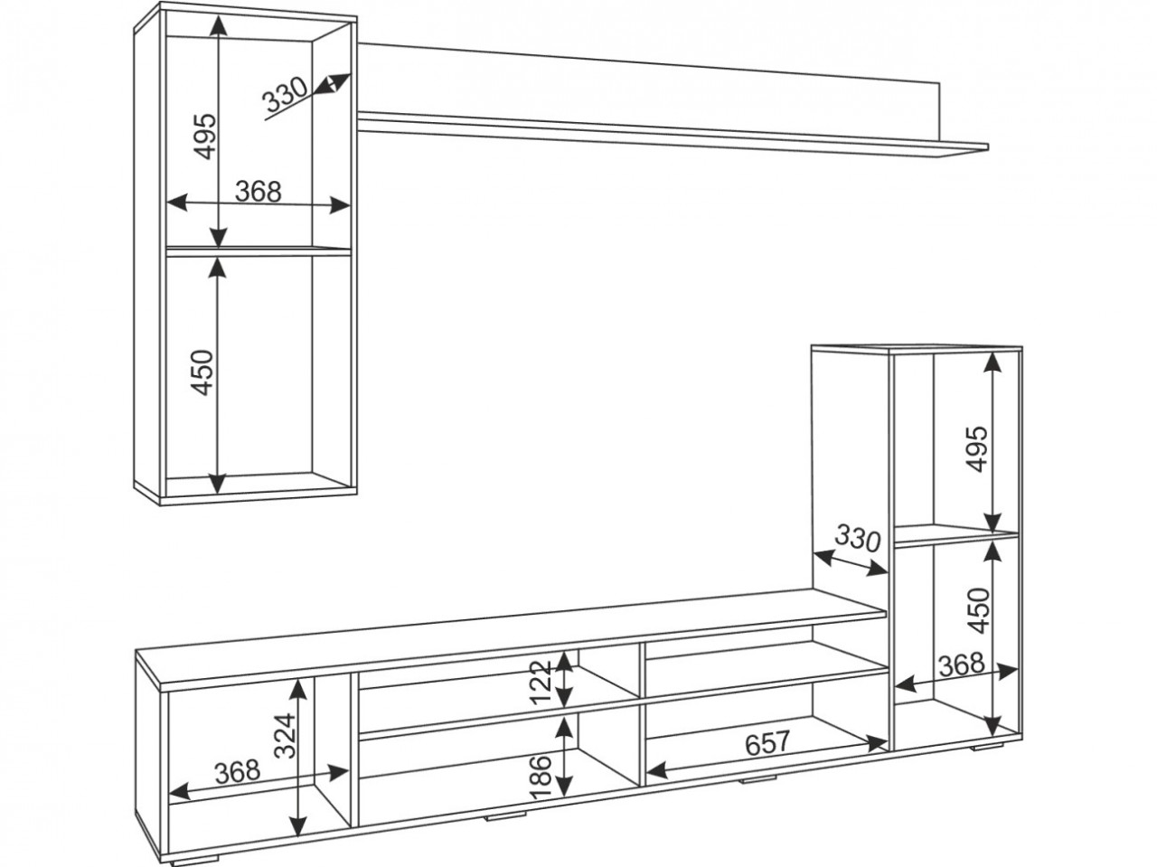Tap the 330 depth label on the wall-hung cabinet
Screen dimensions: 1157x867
[x=285, y=96]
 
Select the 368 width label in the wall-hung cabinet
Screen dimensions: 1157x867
[x=259, y=192]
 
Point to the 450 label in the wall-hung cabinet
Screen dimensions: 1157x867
[x=203, y=372]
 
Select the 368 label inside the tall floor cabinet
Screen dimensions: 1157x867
[x=962, y=665]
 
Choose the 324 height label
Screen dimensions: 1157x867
[x=287, y=735]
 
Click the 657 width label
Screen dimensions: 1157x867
[x=767, y=742]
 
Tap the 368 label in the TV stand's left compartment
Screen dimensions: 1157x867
[x=237, y=772]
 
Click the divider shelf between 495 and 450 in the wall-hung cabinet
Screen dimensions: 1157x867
[x=259, y=250]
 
